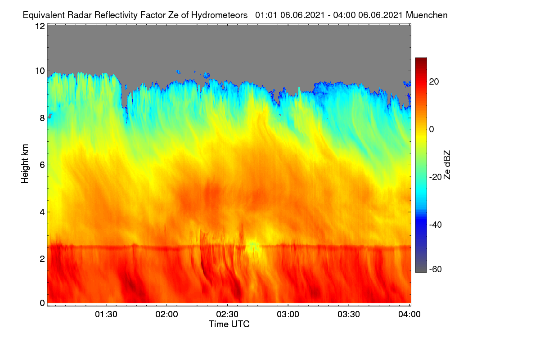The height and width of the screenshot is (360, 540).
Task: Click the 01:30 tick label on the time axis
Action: coord(106,315)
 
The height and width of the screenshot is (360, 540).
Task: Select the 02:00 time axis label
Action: coord(167,315)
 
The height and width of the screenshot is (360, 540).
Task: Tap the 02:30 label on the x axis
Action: coord(227,315)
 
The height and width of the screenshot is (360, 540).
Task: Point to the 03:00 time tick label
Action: coord(288,315)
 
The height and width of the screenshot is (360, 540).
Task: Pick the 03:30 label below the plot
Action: coord(349,315)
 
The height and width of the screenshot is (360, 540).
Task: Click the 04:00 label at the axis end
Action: coord(409,315)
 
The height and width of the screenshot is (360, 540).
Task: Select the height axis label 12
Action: coord(40,26)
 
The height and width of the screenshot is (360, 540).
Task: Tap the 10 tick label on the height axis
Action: coord(40,71)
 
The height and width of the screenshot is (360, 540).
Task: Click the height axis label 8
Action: coord(42,118)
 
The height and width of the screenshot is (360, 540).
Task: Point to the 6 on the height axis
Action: coord(42,165)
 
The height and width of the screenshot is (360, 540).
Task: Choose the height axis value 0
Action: coord(42,303)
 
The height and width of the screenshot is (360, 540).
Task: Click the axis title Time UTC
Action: coord(229,324)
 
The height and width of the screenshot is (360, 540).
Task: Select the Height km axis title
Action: coord(25,164)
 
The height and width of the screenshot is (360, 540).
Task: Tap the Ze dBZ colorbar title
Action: coord(447,165)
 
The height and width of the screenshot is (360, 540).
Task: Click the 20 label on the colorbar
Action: coord(434,82)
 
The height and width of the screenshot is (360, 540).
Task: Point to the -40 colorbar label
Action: coord(436,225)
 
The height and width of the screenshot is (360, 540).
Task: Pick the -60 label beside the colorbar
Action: coord(436,270)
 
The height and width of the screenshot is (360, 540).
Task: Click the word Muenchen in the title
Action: coord(427,15)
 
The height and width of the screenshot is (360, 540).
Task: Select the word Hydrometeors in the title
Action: coord(220,15)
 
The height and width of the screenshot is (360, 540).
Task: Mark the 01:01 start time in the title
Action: coord(266,15)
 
